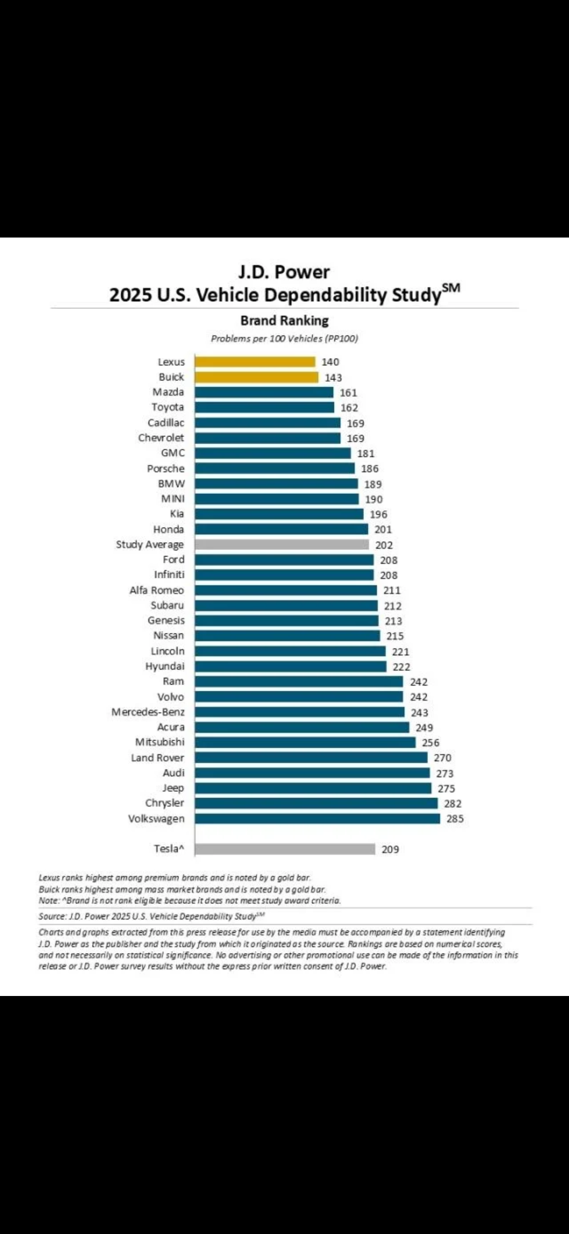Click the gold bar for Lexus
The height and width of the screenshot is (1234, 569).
tap(255, 362)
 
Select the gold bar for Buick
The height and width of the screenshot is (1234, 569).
tap(256, 377)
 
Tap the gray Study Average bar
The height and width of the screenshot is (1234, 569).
tap(282, 545)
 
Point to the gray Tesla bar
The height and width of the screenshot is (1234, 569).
tap(285, 849)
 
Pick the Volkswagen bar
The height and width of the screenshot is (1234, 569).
tap(318, 818)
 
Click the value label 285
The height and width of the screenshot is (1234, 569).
tap(455, 818)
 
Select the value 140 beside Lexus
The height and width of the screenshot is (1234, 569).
tap(331, 362)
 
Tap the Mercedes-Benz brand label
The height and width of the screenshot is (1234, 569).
tap(148, 712)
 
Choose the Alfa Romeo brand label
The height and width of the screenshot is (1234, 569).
tap(156, 590)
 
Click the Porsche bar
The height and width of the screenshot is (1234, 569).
tap(275, 468)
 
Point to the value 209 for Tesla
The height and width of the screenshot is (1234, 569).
tap(390, 849)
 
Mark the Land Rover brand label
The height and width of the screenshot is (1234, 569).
tap(157, 757)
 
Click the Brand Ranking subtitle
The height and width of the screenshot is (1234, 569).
tap(284, 321)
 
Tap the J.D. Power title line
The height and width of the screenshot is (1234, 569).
tap(284, 272)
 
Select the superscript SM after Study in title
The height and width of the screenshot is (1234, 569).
tap(451, 288)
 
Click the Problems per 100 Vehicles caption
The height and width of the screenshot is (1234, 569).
tap(284, 338)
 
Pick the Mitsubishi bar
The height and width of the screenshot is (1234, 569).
tap(305, 742)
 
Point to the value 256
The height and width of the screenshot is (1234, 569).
tap(430, 743)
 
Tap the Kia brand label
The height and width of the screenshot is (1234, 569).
tap(177, 514)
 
